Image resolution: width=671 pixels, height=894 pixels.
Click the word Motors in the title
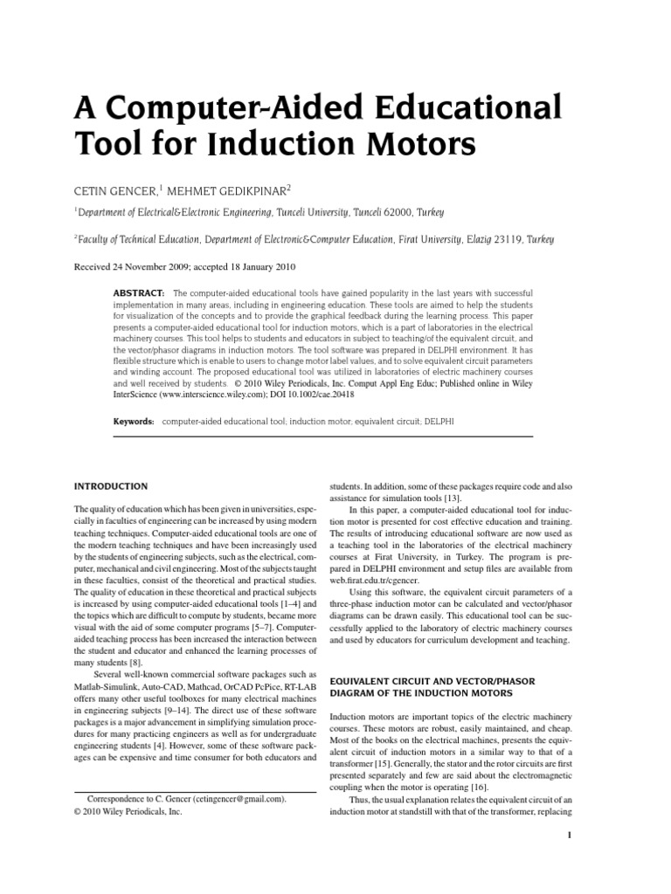click(403, 141)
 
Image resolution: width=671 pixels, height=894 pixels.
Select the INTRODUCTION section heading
click(111, 486)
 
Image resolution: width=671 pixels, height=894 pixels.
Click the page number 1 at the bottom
click(569, 835)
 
